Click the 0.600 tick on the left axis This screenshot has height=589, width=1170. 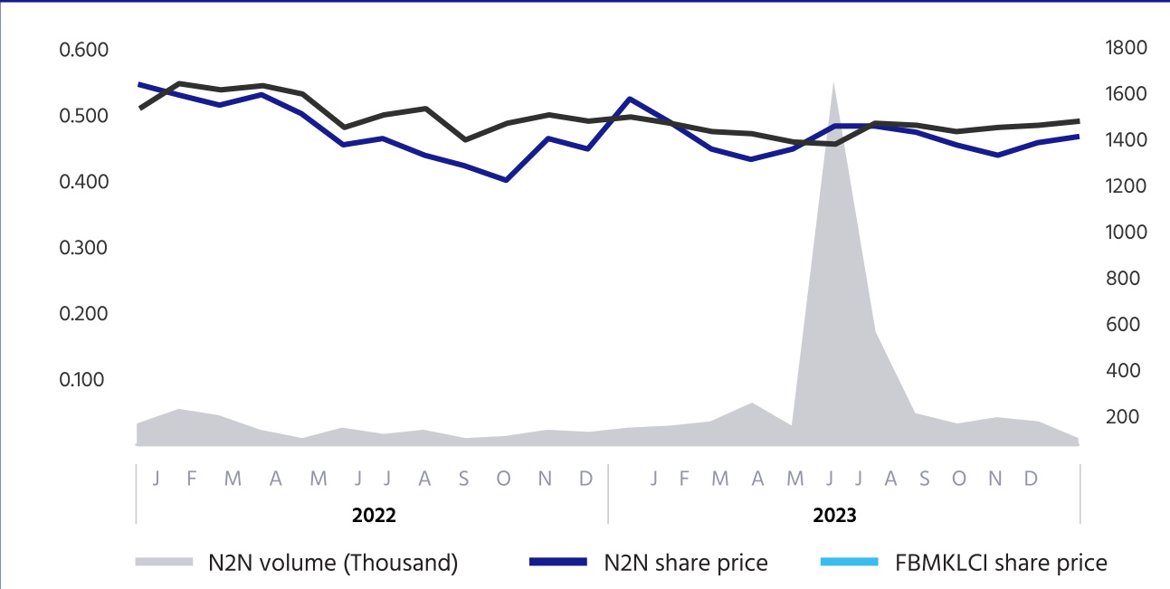[x=83, y=50]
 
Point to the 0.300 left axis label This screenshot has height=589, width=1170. [x=83, y=248]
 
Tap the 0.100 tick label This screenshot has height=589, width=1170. [x=83, y=380]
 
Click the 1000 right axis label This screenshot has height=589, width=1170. [x=1126, y=233]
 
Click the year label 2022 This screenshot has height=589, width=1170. [x=374, y=517]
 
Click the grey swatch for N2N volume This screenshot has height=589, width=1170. [x=165, y=563]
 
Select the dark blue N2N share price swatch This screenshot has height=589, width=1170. [x=558, y=563]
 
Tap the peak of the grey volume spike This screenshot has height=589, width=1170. [x=832, y=83]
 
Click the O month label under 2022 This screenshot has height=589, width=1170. [x=503, y=479]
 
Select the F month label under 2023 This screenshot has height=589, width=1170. [x=685, y=479]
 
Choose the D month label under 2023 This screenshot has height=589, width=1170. [x=1031, y=479]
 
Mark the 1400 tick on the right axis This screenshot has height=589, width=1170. [x=1126, y=140]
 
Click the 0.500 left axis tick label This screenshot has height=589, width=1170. [x=83, y=116]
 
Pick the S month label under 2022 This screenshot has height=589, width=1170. [x=463, y=479]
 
